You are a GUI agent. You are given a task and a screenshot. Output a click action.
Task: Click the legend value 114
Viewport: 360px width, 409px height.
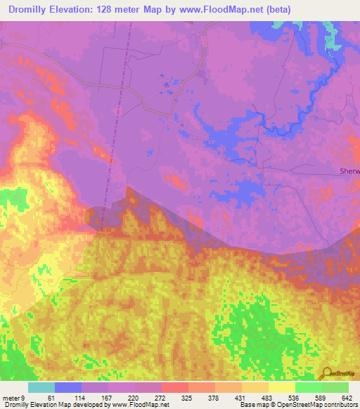click(x=88, y=397)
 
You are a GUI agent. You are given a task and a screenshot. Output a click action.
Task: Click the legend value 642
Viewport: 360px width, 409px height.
click(x=347, y=397)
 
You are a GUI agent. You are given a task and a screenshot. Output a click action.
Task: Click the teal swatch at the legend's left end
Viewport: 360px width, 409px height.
click(x=41, y=387)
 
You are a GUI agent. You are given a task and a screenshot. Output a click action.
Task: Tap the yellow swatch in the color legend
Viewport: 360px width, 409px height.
click(x=282, y=387)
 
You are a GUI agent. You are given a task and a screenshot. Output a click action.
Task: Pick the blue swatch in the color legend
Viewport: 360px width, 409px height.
click(x=68, y=387)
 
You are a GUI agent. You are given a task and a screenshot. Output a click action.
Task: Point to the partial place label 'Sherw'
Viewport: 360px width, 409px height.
click(x=349, y=171)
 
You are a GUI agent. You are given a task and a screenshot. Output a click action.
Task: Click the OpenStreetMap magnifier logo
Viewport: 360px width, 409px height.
click(x=327, y=374)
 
